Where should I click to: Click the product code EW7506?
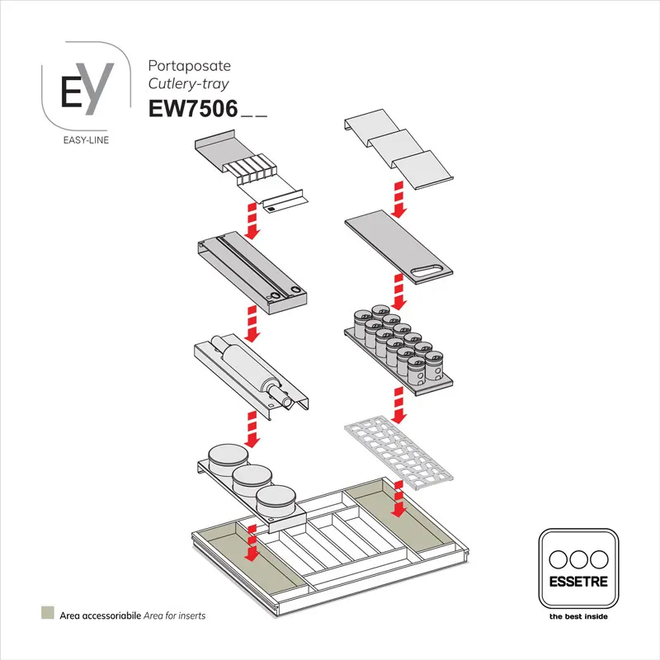(192, 110)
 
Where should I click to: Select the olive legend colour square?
(48, 614)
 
